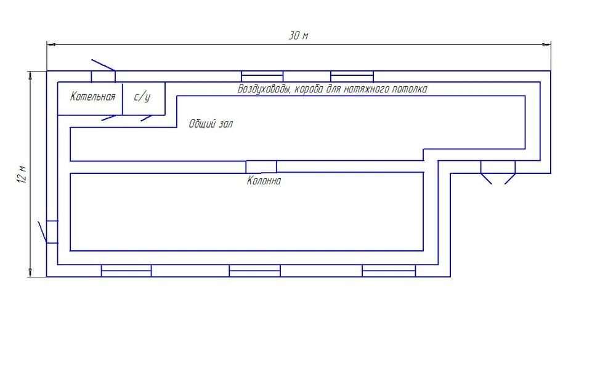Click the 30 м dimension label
(299, 36)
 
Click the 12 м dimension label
(22, 174)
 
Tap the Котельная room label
(93, 97)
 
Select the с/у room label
(142, 97)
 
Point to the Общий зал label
(211, 124)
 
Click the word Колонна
(264, 181)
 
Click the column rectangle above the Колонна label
(261, 166)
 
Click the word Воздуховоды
(264, 89)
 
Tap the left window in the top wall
(262, 76)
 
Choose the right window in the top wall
(352, 76)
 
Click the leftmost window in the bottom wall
(126, 271)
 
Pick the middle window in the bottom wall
(254, 271)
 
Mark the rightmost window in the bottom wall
(389, 271)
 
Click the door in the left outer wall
(49, 232)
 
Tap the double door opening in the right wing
(498, 172)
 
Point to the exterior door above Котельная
(103, 71)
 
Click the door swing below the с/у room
(147, 118)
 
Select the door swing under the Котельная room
(109, 118)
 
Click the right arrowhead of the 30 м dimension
(546, 45)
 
